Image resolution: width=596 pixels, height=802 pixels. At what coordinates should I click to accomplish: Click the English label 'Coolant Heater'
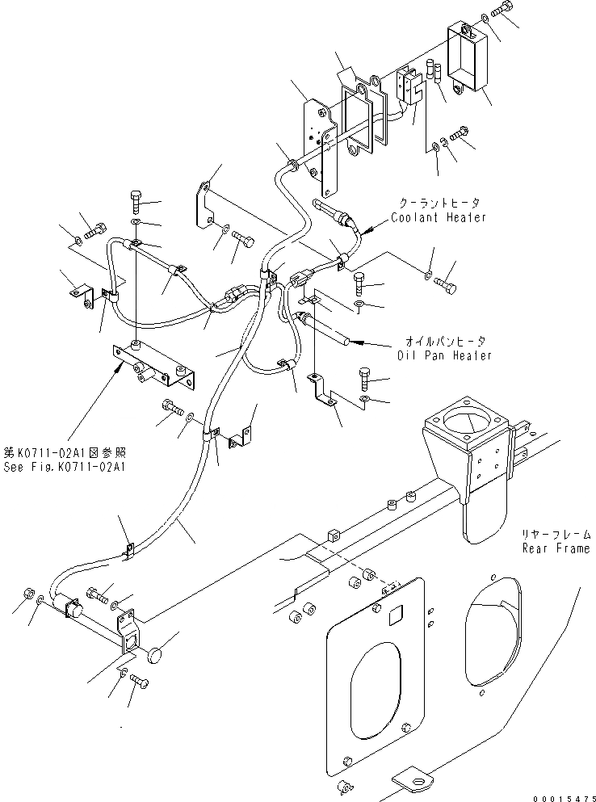point(439,217)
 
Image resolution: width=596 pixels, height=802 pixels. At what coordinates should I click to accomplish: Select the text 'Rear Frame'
point(554,548)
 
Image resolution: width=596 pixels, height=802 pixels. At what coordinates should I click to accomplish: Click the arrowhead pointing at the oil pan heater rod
point(354,342)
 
